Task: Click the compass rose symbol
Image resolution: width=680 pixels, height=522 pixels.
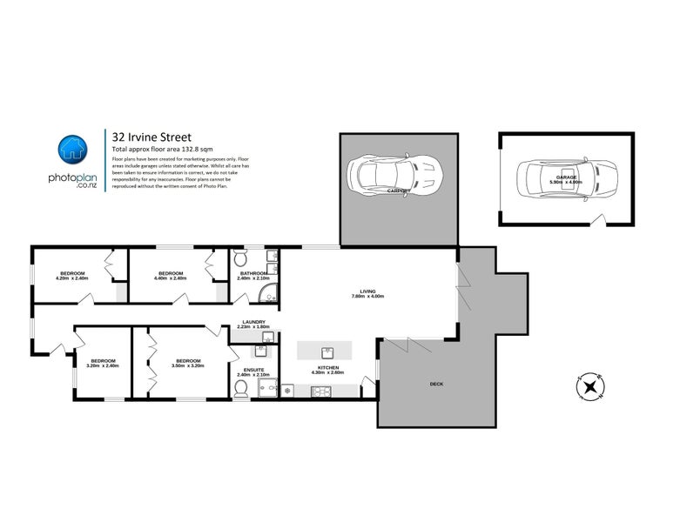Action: tap(591, 387)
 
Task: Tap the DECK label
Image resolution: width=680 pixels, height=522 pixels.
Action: tap(436, 383)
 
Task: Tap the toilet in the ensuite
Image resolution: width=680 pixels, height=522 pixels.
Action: tap(241, 388)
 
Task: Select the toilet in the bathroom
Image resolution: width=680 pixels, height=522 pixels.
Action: tap(241, 258)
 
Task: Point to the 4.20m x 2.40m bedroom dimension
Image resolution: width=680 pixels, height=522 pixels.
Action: tap(72, 278)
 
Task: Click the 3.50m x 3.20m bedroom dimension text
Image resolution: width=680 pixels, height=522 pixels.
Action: tap(188, 365)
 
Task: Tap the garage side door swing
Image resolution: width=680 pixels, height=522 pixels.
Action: tap(596, 223)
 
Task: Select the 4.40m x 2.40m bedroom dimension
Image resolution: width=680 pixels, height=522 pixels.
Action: tap(171, 278)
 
